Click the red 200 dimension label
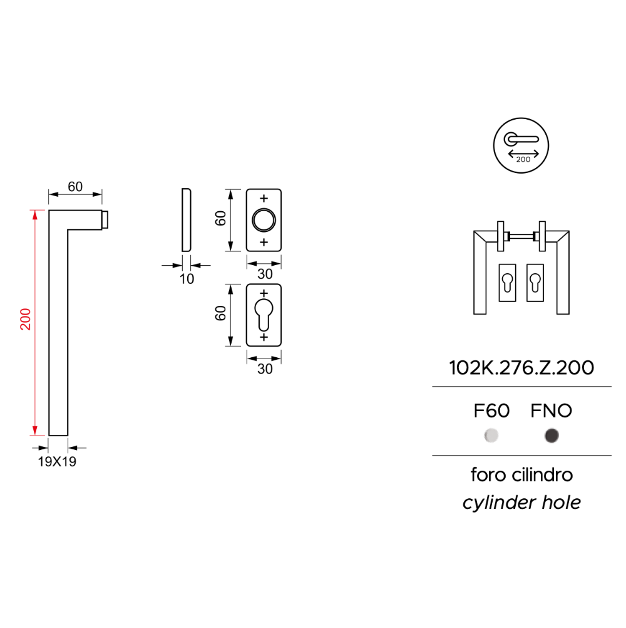pos(26,319)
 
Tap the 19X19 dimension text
pos(57,461)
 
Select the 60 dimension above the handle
pos(75,187)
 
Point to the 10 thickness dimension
pos(187,279)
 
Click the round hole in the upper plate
pos(264,220)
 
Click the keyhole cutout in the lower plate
pos(264,315)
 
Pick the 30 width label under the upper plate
pos(265,274)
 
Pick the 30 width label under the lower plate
pos(265,369)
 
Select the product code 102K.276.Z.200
pos(521,368)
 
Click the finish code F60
pos(491,411)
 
